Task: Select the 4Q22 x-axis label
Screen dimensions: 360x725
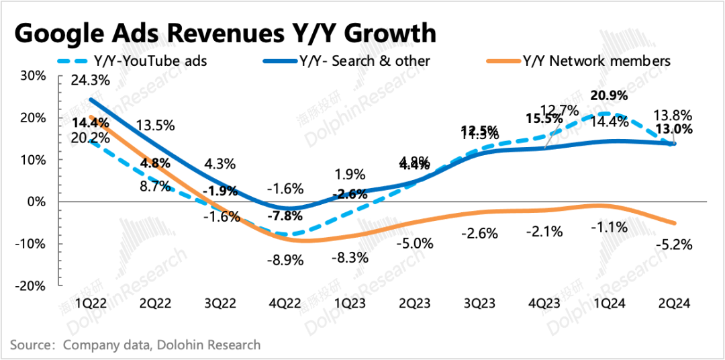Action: (285, 304)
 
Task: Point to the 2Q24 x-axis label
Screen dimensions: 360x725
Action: (675, 304)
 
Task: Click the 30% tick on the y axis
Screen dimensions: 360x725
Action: (32, 76)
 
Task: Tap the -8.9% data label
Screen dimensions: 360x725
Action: (285, 259)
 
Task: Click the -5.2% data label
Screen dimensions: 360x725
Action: (674, 244)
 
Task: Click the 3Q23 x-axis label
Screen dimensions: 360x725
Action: (480, 304)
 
